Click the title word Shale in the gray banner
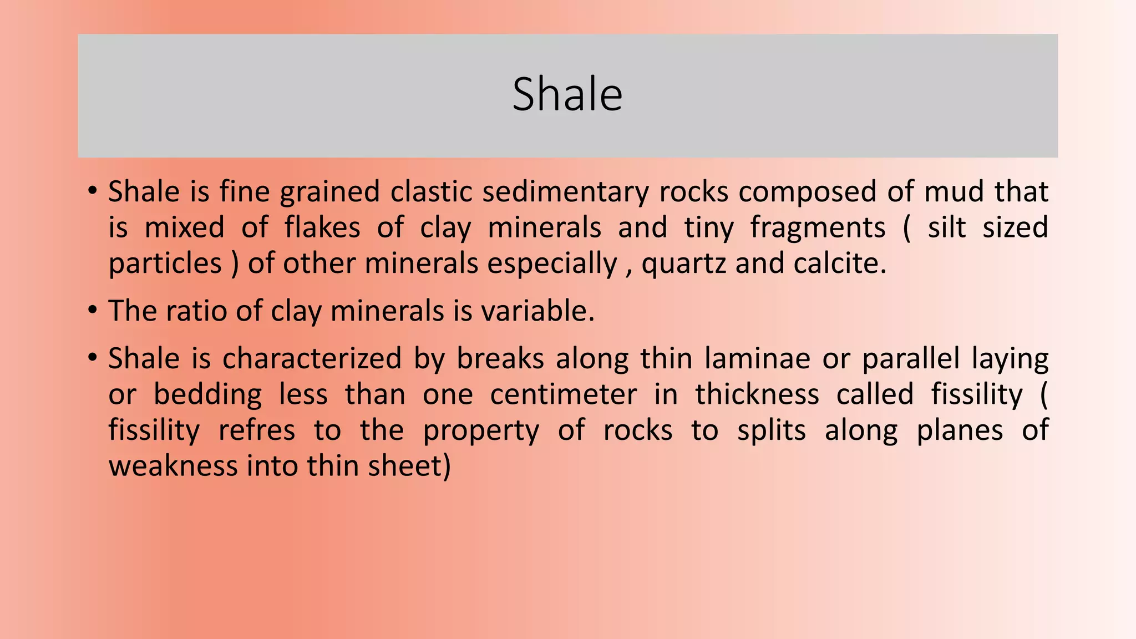(567, 94)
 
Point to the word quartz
(683, 263)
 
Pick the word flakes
(322, 228)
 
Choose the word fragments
(818, 228)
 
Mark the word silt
(947, 228)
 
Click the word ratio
(196, 311)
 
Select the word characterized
(312, 358)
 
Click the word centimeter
(563, 394)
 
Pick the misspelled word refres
(257, 430)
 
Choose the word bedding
(207, 394)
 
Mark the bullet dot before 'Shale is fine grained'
(92, 191)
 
